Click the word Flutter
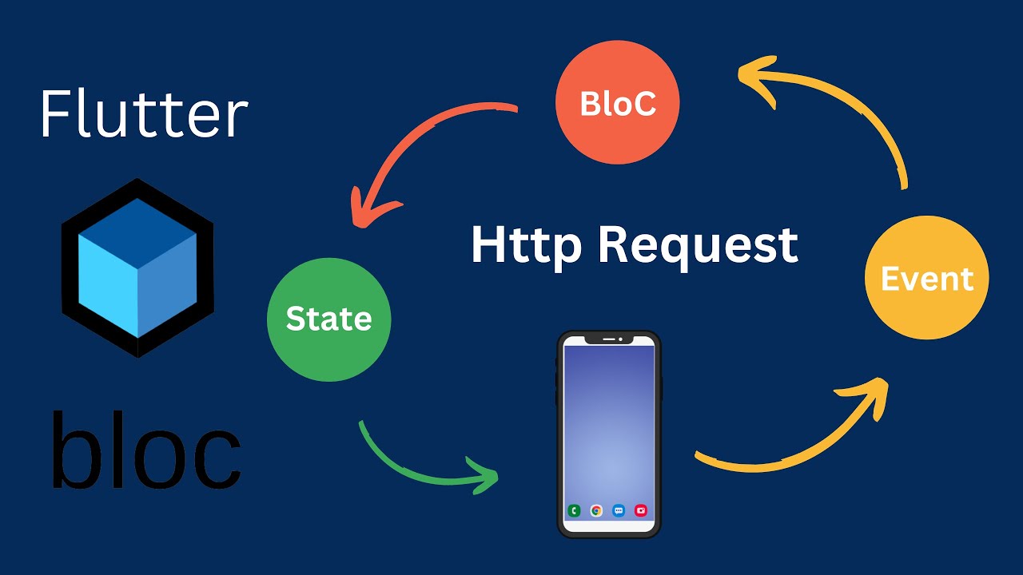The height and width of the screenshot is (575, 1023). (145, 113)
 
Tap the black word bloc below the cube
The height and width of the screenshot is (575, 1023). (147, 449)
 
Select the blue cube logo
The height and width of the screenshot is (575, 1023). (137, 268)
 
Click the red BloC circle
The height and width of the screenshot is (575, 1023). (618, 102)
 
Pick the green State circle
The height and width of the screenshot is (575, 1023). (328, 319)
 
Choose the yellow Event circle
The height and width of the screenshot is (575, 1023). (927, 277)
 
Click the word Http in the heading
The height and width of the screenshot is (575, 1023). (526, 247)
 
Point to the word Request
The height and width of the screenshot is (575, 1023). (699, 247)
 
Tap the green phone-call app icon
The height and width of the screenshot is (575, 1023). (574, 510)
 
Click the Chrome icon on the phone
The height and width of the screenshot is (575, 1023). (596, 510)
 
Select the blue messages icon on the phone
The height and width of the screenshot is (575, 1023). (619, 510)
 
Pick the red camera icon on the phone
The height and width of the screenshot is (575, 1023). (641, 510)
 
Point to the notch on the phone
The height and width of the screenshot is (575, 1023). (609, 339)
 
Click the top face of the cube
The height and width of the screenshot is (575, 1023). (137, 232)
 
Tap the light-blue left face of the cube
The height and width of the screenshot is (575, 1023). (108, 285)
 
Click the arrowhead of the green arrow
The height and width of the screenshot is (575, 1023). (485, 475)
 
